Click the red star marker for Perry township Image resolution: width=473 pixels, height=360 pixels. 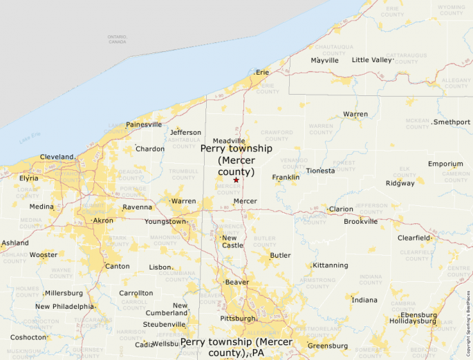236,180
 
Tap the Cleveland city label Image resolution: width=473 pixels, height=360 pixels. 57,157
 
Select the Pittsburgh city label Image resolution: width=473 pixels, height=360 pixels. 237,319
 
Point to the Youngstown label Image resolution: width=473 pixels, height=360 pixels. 165,222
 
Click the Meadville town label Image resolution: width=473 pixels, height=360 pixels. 229,141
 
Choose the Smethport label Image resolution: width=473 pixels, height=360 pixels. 452,122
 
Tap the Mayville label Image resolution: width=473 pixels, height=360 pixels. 324,60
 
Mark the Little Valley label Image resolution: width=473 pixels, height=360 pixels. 371,60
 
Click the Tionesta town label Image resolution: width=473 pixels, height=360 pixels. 320,171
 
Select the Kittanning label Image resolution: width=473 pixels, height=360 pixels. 330,265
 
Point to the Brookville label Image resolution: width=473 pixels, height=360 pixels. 361,222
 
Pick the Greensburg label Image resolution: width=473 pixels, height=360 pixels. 327,345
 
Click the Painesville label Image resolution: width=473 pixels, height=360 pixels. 144,125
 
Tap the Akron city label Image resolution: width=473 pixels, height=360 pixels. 103,220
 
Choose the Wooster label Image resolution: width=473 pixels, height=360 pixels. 43,255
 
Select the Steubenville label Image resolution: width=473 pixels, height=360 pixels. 165,324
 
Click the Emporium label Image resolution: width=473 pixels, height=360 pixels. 445,164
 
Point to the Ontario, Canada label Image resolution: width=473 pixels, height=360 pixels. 117,39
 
